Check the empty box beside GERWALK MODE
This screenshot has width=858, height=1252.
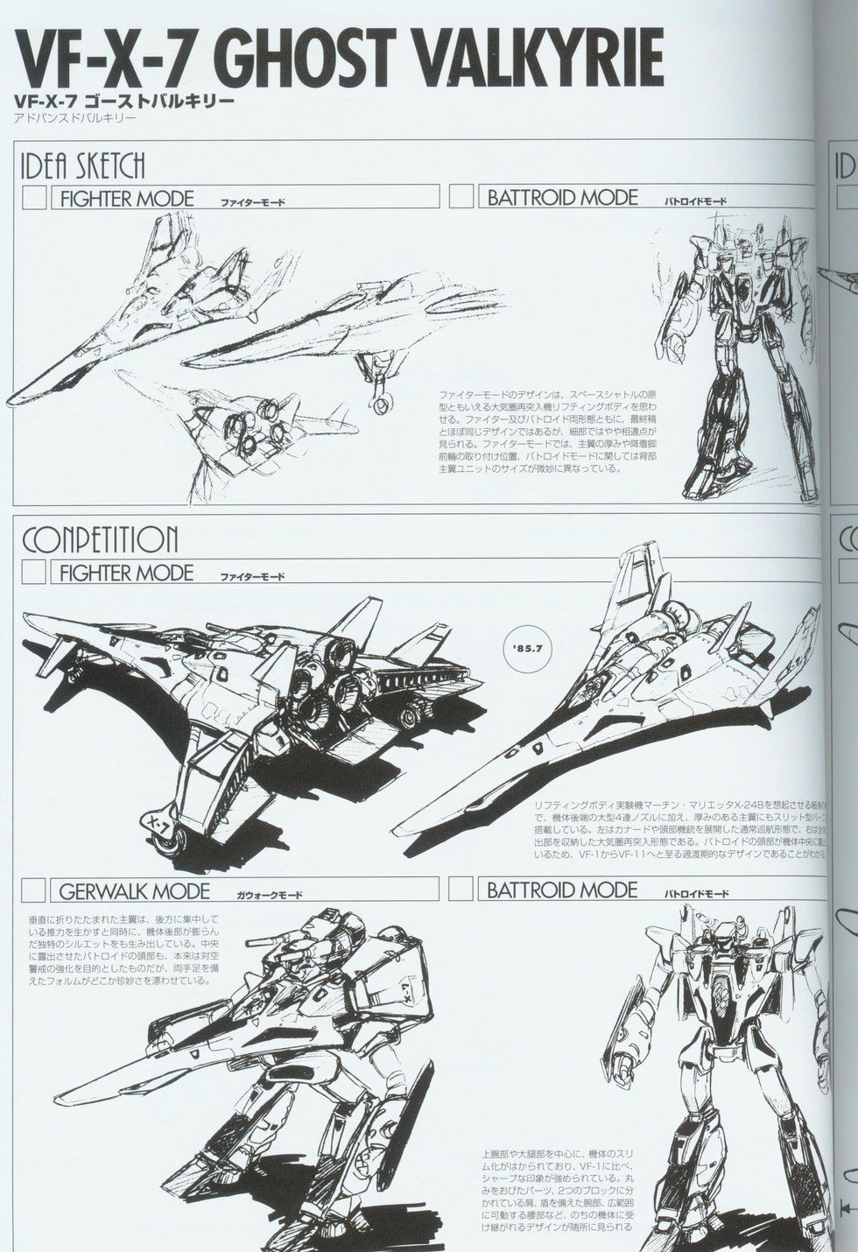click(x=34, y=890)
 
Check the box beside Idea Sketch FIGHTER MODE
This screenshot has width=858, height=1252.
click(x=34, y=198)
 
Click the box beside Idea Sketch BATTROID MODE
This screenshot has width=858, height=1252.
click(x=461, y=197)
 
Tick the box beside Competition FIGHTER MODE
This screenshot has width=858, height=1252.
click(x=34, y=573)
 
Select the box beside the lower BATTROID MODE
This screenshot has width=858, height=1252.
click(x=461, y=890)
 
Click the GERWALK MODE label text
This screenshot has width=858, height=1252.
click(x=135, y=891)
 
